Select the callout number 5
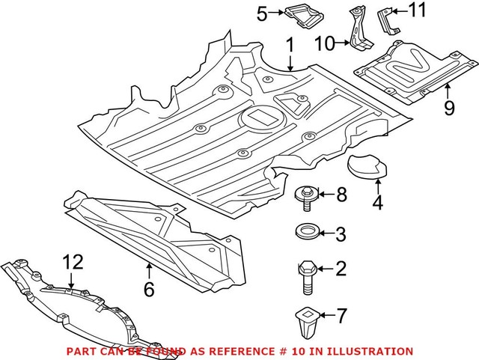click(x=261, y=13)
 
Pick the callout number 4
click(x=379, y=203)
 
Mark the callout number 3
click(x=341, y=235)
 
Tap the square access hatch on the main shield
click(x=258, y=117)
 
